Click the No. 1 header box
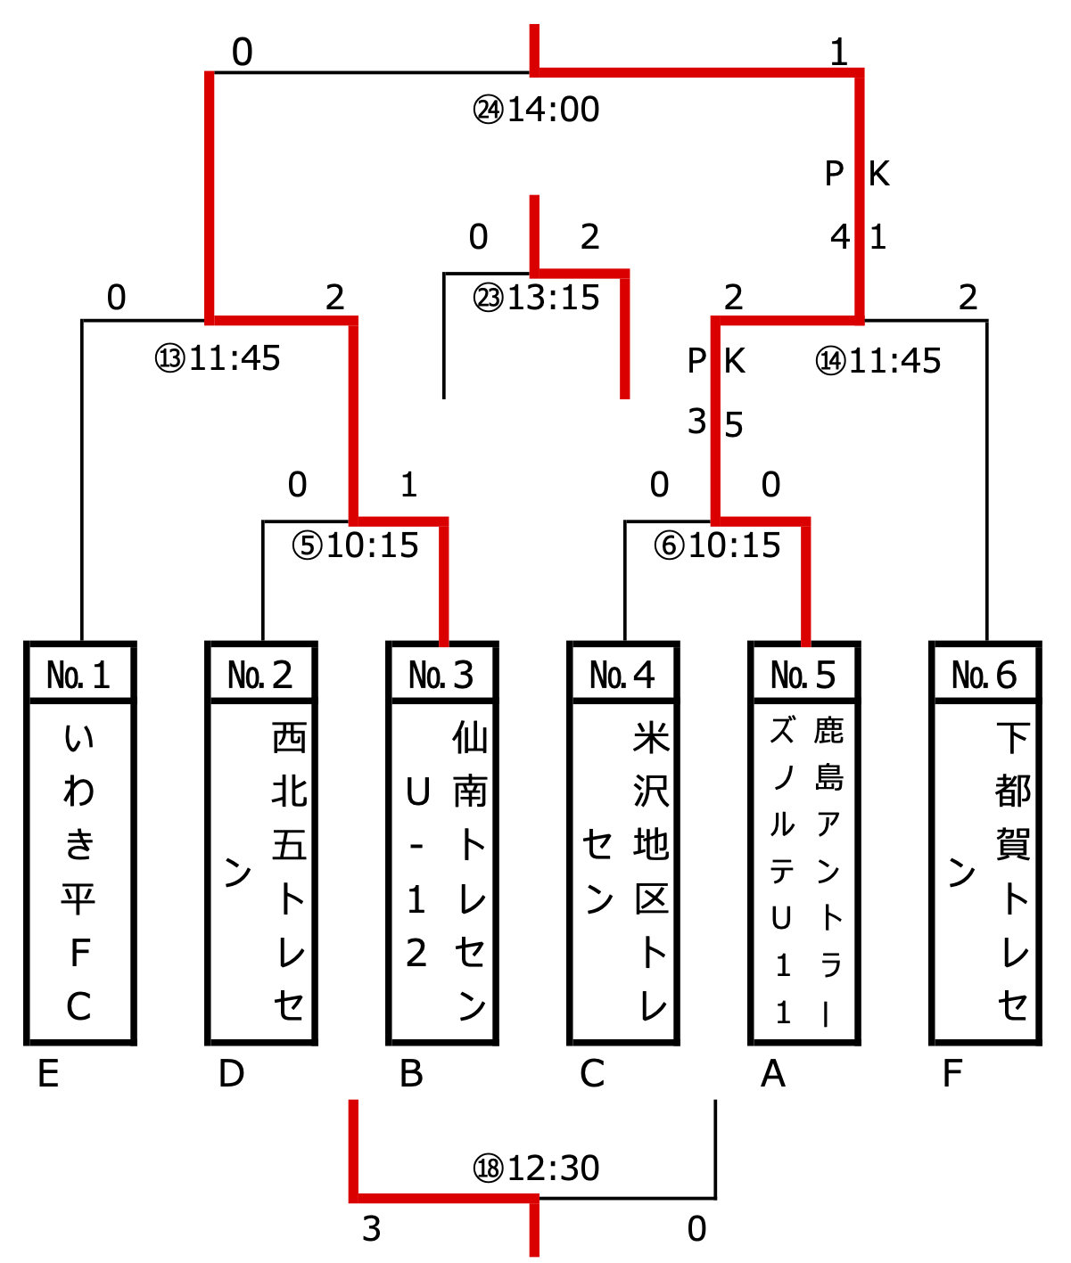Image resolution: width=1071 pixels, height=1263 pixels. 79,675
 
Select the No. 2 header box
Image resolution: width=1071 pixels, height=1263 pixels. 260,675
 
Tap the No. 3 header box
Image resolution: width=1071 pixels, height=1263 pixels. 441,675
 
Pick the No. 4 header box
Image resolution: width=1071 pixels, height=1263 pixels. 622,675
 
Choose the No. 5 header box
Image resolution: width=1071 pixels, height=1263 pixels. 803,675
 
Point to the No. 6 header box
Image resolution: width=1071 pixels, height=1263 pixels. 984,675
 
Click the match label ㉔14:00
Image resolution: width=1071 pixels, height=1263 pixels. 536,110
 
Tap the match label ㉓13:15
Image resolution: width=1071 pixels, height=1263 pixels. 536,298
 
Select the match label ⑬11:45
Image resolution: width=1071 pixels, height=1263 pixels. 218,358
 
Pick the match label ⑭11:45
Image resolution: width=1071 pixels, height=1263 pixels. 878,361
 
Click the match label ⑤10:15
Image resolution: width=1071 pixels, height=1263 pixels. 355,545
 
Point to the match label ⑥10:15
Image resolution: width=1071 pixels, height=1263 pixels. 717,545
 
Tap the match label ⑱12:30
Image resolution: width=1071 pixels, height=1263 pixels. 536,1168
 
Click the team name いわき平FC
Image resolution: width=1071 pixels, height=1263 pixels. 79,872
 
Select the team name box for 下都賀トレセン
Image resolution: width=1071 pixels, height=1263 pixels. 984,872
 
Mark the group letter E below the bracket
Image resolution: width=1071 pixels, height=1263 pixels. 48,1074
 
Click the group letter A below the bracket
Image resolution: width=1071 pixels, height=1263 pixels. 773,1074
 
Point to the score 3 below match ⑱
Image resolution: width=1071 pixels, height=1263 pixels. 372,1229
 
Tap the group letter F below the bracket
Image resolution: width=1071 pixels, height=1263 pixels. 952,1074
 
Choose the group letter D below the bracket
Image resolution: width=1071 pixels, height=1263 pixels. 231,1074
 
